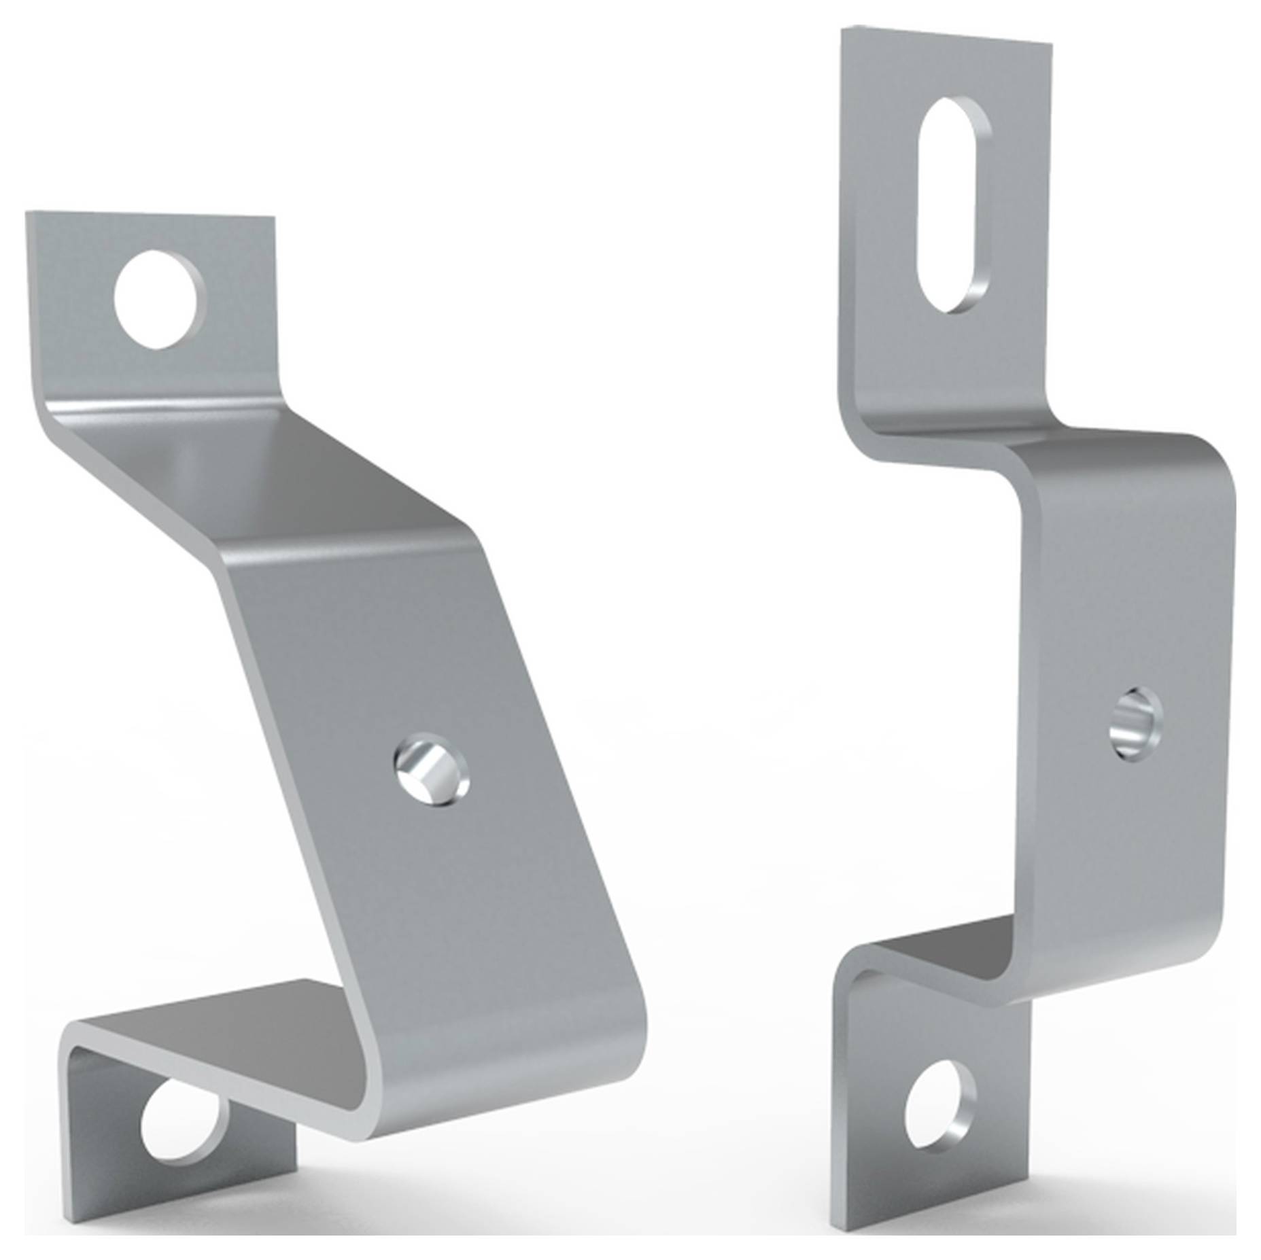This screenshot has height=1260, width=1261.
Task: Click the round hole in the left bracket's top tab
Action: [x=160, y=300]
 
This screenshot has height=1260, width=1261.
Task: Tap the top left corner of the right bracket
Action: [x=844, y=29]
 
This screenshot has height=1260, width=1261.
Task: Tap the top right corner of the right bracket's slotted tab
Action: [x=1051, y=45]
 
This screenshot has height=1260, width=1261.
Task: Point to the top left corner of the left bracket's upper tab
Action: [x=28, y=213]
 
